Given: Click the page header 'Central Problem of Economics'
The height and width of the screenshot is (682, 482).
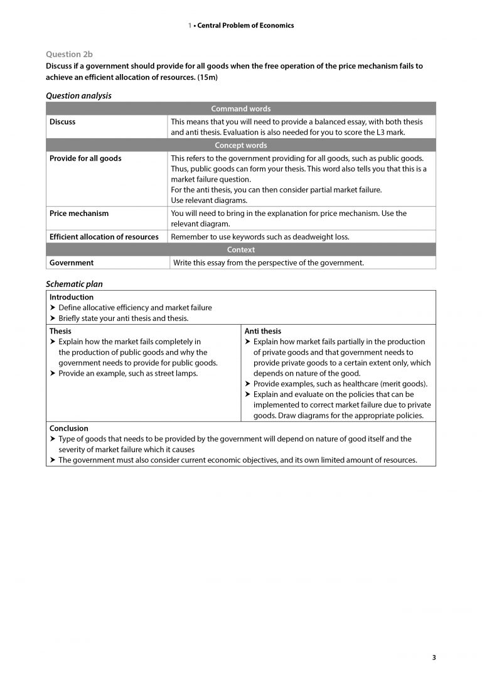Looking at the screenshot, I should pyautogui.click(x=245, y=26).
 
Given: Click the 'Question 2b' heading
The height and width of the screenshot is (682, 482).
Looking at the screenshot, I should pyautogui.click(x=68, y=55).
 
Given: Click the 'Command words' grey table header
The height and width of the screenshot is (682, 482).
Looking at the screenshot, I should pyautogui.click(x=240, y=109).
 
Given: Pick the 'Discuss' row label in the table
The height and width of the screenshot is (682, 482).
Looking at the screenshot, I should pyautogui.click(x=63, y=122).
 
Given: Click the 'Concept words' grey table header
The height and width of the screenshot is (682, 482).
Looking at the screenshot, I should pyautogui.click(x=240, y=146).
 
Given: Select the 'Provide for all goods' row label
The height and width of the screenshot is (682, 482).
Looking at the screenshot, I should pyautogui.click(x=85, y=158).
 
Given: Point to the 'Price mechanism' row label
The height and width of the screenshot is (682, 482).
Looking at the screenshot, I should pyautogui.click(x=79, y=214).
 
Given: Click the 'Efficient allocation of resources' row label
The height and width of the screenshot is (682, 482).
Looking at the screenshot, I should pyautogui.click(x=104, y=237).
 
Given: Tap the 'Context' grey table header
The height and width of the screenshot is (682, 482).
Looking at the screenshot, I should pyautogui.click(x=240, y=250).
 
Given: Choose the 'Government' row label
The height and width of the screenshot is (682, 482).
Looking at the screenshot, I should pyautogui.click(x=72, y=263).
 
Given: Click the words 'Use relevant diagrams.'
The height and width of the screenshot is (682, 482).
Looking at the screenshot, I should pyautogui.click(x=200, y=200).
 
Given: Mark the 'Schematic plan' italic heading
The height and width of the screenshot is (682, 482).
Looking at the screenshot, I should pyautogui.click(x=74, y=284).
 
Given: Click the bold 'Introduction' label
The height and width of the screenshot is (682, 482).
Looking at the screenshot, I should pyautogui.click(x=72, y=297).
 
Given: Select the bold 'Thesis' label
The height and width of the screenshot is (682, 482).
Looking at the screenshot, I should pyautogui.click(x=60, y=331).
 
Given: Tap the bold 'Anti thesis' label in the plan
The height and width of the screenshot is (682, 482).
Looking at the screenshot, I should pyautogui.click(x=263, y=331).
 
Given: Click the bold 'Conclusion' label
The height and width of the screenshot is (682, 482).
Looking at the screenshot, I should pyautogui.click(x=69, y=428).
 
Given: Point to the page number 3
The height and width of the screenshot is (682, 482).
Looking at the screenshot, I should pyautogui.click(x=434, y=658).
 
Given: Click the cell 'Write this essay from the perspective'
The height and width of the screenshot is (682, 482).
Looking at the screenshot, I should pyautogui.click(x=268, y=263).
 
